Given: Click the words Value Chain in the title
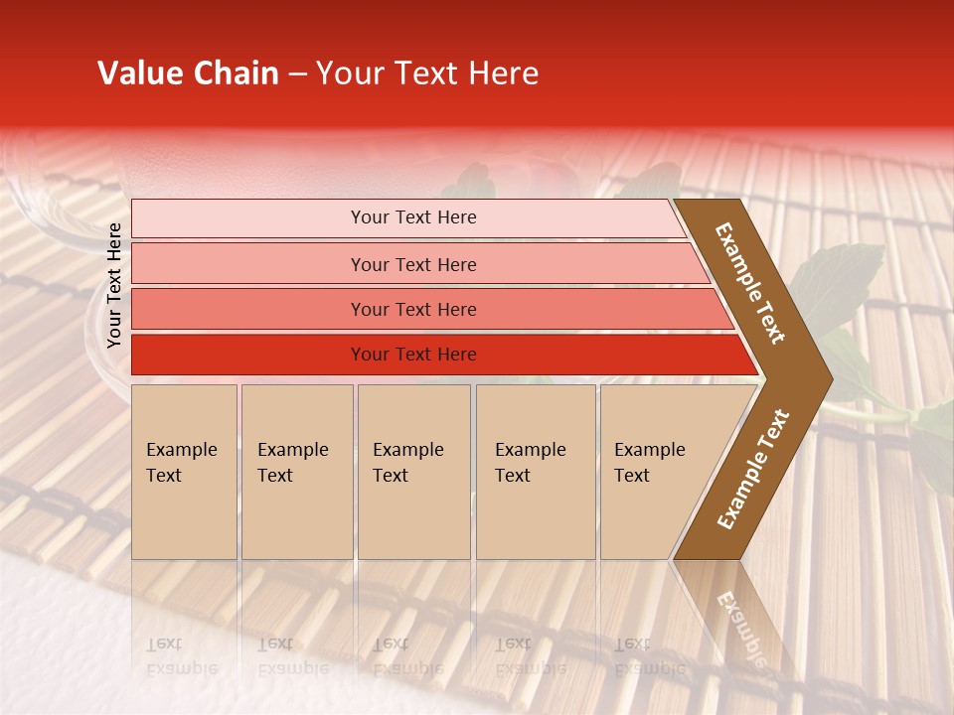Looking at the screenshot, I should [188, 73].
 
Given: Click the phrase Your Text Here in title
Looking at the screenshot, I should [427, 73].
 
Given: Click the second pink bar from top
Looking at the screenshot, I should [413, 264].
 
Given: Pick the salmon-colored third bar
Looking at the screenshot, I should [413, 309].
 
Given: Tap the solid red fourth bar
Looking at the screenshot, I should [413, 355].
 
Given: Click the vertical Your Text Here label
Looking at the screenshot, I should [114, 285].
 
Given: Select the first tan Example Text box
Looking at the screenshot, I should [184, 471].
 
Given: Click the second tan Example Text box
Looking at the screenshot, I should [296, 471].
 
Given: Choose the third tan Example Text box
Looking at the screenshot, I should [412, 471].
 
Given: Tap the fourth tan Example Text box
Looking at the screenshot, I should [535, 471].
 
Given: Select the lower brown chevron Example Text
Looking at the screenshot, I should [752, 470].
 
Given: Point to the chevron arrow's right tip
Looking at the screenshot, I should [831, 377].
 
